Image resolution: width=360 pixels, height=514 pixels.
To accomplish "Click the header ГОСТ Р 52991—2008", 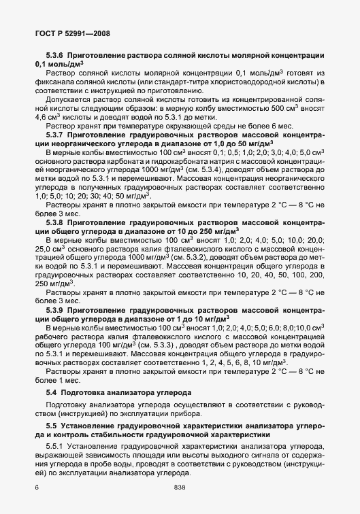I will [x=72, y=33].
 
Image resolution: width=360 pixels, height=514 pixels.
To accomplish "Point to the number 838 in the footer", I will [x=180, y=487].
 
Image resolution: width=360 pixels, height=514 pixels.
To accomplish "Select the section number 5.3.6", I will [x=56, y=54].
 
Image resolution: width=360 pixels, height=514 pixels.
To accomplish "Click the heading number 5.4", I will [x=52, y=394].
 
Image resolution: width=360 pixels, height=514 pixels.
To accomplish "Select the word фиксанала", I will [x=59, y=81].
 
